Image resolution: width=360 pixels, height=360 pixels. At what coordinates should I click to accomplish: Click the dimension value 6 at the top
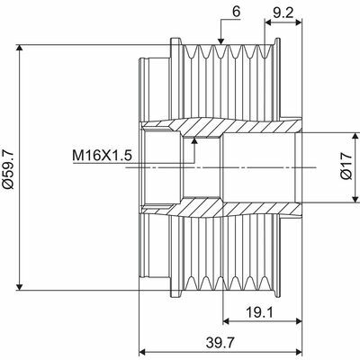236,12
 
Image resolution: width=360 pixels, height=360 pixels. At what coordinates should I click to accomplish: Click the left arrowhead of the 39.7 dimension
141,352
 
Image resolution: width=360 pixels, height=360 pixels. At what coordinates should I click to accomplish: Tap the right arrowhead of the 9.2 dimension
296,23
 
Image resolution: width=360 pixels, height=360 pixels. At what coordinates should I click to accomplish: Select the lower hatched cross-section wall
225,211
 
